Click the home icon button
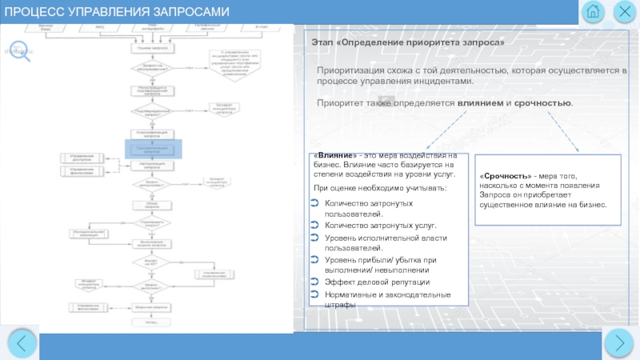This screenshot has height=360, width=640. pos(593,12)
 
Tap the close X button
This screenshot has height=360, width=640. pos(624,12)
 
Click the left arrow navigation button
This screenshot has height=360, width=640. pos(21,343)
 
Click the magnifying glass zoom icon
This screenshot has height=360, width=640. pos(21,50)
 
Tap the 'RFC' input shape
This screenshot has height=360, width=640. pos(99,29)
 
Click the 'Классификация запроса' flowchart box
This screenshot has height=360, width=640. pos(152,134)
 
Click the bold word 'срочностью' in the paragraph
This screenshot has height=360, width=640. pos(542,104)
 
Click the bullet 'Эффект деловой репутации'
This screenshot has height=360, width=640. pos(377,282)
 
